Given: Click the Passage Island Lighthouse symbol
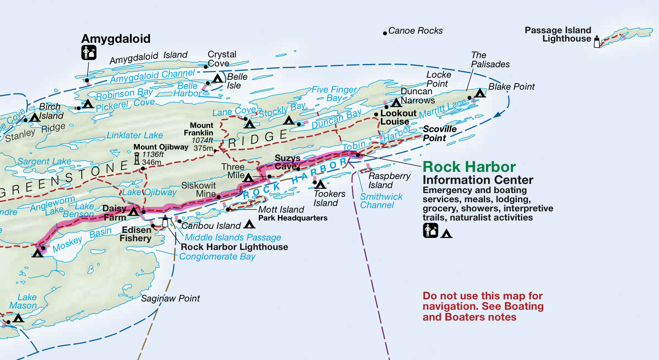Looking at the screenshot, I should pyautogui.click(x=597, y=42).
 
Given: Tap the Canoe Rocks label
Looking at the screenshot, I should pyautogui.click(x=415, y=31).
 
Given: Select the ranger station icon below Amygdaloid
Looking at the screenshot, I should pyautogui.click(x=88, y=53).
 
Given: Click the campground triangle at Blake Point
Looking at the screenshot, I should pyautogui.click(x=480, y=93).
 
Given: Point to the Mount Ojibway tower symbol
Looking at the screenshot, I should pyautogui.click(x=137, y=158).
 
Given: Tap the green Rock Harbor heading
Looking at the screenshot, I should pyautogui.click(x=469, y=167).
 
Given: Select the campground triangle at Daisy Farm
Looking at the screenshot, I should pyautogui.click(x=134, y=212).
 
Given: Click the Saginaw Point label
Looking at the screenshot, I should pyautogui.click(x=170, y=299).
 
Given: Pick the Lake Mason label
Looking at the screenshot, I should pyautogui.click(x=23, y=301).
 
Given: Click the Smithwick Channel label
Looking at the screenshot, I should pyautogui.click(x=381, y=201).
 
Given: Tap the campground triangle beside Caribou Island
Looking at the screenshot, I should pyautogui.click(x=249, y=224).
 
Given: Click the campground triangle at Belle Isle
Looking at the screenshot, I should pyautogui.click(x=217, y=78).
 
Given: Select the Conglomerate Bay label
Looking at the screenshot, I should pyautogui.click(x=217, y=257).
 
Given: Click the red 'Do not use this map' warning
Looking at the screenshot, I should pyautogui.click(x=483, y=306).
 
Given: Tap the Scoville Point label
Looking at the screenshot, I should pyautogui.click(x=439, y=134).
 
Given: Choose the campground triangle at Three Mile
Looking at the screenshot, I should pyautogui.click(x=248, y=178).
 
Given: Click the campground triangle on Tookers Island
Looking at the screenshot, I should pyautogui.click(x=320, y=184).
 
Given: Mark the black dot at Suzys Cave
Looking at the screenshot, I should pyautogui.click(x=298, y=169).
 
